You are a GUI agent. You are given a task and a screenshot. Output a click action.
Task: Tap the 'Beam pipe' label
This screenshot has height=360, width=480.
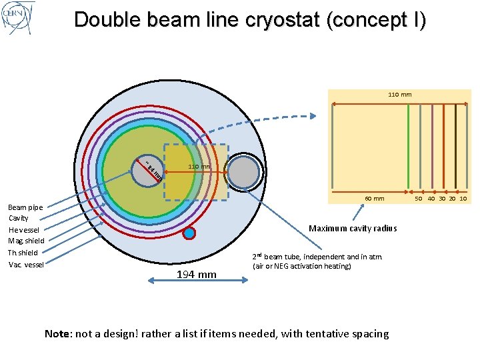pyautogui.click(x=26, y=207)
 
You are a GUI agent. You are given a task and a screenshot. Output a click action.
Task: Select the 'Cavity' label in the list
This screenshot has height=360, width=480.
pyautogui.click(x=19, y=218)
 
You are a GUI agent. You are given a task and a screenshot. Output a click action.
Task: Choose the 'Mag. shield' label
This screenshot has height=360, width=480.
pyautogui.click(x=27, y=241)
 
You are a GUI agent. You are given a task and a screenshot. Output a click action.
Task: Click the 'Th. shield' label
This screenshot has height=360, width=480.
pyautogui.click(x=23, y=253)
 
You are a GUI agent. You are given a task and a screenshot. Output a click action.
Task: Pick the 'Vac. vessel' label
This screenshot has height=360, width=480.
pyautogui.click(x=25, y=265)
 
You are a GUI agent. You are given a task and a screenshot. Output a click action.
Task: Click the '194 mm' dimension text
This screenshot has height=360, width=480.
pyautogui.click(x=196, y=274)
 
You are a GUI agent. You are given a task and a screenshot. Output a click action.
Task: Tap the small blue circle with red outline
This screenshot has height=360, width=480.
pyautogui.click(x=189, y=233)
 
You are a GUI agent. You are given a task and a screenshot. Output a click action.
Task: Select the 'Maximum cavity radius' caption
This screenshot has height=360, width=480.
pyautogui.click(x=353, y=229)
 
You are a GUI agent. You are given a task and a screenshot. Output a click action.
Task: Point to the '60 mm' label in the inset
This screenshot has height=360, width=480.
pyautogui.click(x=374, y=198)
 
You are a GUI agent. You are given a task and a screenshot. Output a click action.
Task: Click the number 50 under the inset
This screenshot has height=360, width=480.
pyautogui.click(x=419, y=199)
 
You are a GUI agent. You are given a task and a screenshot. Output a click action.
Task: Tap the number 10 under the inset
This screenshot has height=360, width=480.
pyautogui.click(x=463, y=199)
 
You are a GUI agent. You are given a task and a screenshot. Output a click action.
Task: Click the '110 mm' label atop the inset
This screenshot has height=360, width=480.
pyautogui.click(x=399, y=95)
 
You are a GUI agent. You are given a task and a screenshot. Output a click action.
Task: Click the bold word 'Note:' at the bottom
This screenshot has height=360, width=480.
pyautogui.click(x=59, y=333)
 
